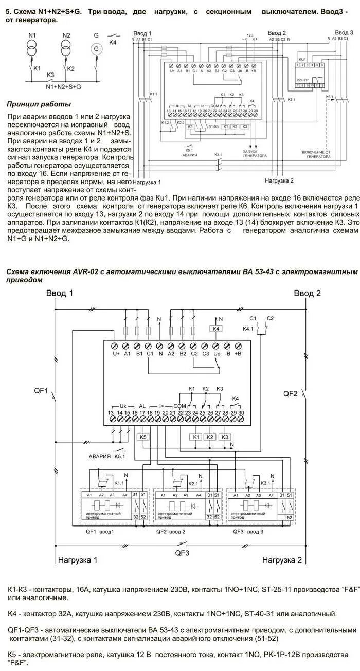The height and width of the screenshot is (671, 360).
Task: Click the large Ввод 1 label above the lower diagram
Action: point(60,293)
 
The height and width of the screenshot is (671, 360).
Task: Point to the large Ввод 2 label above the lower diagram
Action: point(308,293)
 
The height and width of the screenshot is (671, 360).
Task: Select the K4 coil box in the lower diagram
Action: point(217,329)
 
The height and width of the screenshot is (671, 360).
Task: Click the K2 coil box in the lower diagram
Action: point(209,437)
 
